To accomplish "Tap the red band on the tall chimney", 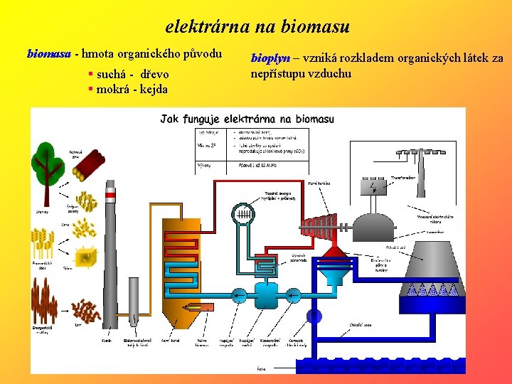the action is click(110, 193).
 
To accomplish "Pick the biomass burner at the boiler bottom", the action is click(205, 306).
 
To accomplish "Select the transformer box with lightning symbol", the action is click(373, 186).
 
